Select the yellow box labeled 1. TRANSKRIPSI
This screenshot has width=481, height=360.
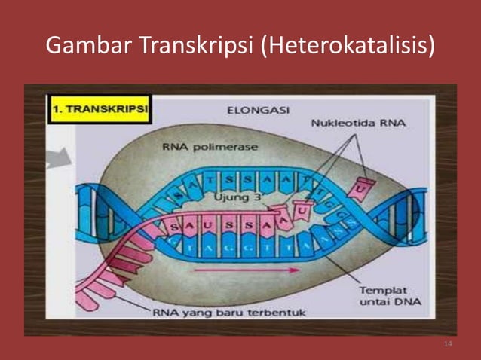99,108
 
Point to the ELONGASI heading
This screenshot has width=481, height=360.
259,110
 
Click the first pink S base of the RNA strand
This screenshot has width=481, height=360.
173,225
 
